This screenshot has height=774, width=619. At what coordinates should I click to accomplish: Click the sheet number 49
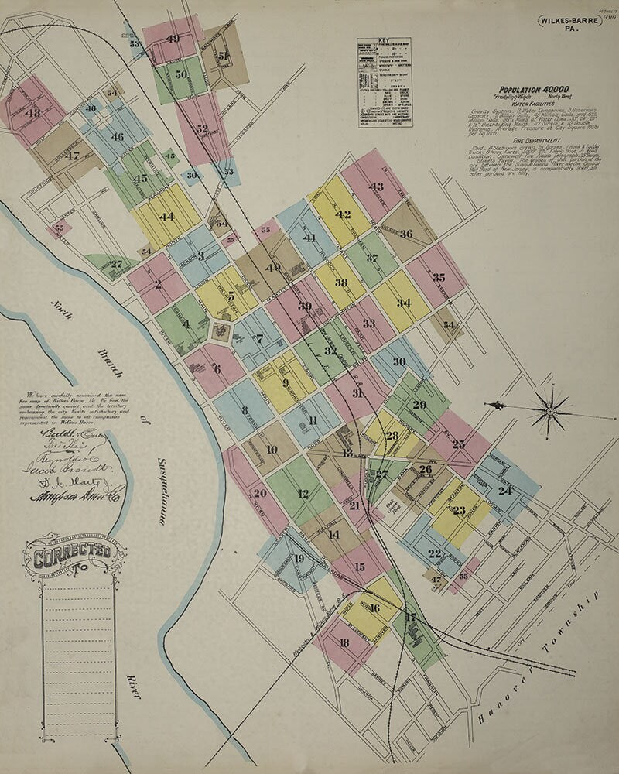[x=172, y=39]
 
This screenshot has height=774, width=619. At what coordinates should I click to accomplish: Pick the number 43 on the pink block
[x=376, y=187]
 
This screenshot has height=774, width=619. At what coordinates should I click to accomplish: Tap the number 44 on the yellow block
[x=166, y=217]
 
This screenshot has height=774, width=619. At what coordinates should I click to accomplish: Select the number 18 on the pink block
[x=344, y=643]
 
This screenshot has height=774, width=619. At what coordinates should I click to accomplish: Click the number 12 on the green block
[x=303, y=494]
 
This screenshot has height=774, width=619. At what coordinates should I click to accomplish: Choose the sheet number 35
[x=439, y=277]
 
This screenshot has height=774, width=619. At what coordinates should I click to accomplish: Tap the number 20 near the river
[x=259, y=493]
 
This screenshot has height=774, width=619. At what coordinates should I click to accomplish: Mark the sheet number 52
[x=202, y=129]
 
